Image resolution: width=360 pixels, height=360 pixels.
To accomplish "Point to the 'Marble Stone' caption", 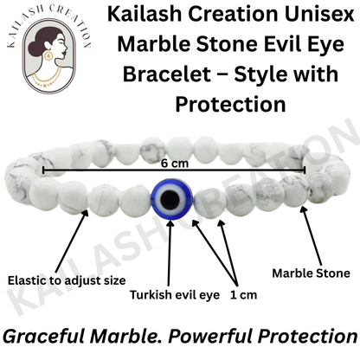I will (x=312, y=273).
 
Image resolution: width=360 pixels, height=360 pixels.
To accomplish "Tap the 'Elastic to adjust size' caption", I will (x=67, y=280).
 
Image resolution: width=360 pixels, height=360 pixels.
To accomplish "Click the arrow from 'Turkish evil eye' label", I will (x=170, y=251).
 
